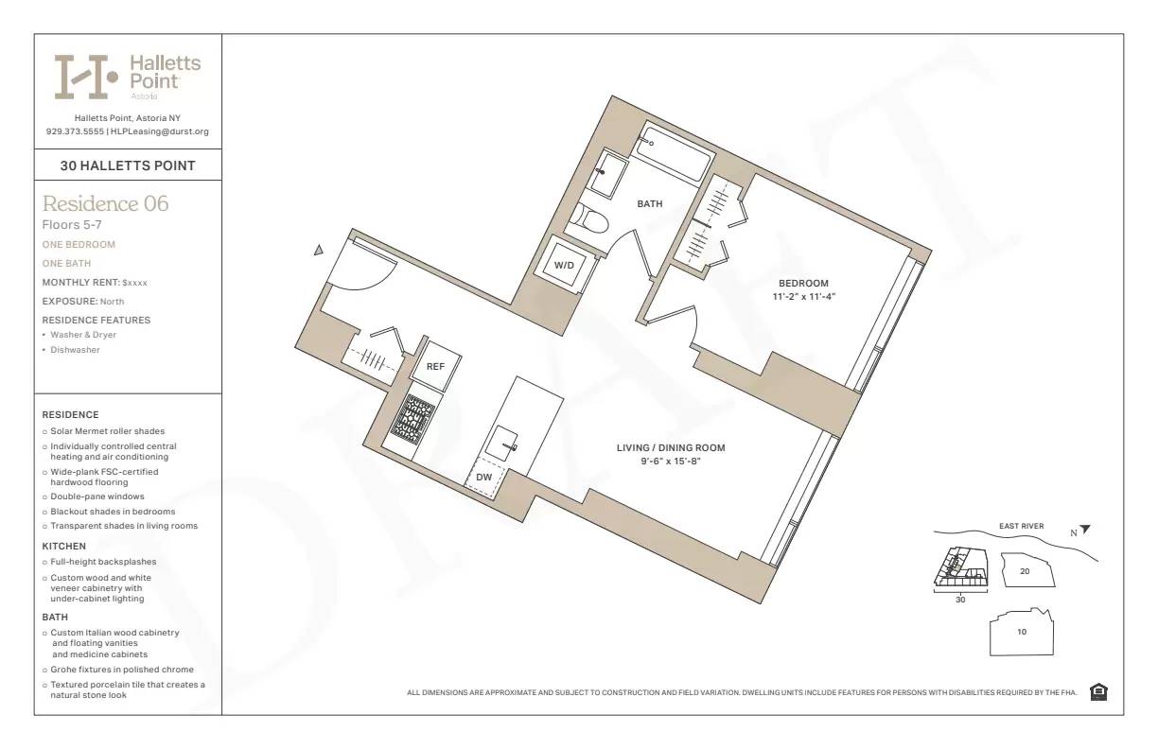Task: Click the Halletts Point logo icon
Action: [85, 77]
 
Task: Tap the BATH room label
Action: [649, 204]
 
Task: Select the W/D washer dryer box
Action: [565, 265]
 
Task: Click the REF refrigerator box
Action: [435, 366]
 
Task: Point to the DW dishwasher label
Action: [483, 478]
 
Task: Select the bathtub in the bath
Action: [673, 151]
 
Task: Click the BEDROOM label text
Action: [803, 283]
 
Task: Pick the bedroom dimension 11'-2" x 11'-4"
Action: [803, 296]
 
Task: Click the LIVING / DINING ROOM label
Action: [671, 448]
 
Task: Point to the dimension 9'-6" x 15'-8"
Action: [671, 462]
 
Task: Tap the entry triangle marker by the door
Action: [320, 251]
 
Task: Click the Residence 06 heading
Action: [105, 203]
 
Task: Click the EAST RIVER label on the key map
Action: [1022, 526]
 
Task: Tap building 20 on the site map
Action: [1026, 571]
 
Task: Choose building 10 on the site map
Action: [1022, 632]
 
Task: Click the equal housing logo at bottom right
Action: [1098, 692]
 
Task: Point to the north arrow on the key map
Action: [1084, 531]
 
